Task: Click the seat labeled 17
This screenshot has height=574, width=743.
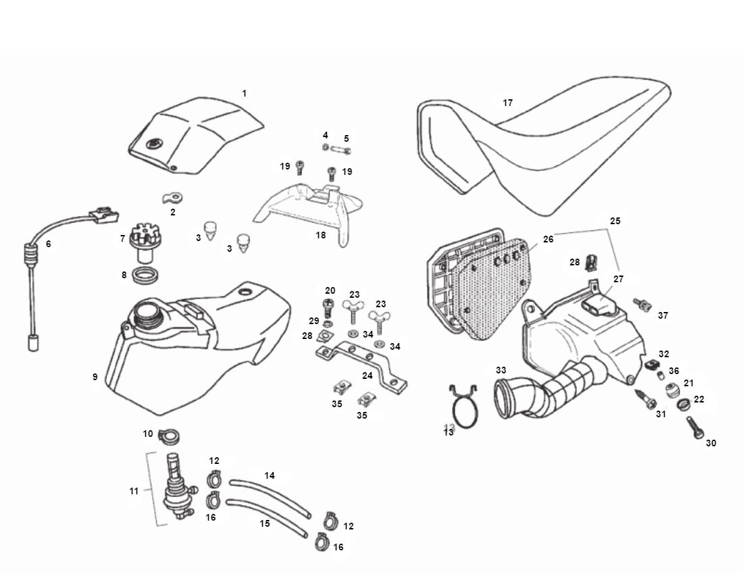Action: pyautogui.click(x=540, y=155)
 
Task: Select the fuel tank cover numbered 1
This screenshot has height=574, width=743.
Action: pyautogui.click(x=196, y=135)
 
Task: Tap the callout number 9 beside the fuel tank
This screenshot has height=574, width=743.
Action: pyautogui.click(x=95, y=377)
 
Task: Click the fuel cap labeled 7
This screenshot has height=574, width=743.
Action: pyautogui.click(x=140, y=240)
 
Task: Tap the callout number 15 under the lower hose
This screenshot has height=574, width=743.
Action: pyautogui.click(x=265, y=523)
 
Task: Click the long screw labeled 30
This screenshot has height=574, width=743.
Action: pyautogui.click(x=696, y=428)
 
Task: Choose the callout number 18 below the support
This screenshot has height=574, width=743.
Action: pyautogui.click(x=320, y=235)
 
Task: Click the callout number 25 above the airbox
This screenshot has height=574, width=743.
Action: pyautogui.click(x=615, y=221)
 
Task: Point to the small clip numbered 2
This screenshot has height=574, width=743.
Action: pyautogui.click(x=174, y=198)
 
